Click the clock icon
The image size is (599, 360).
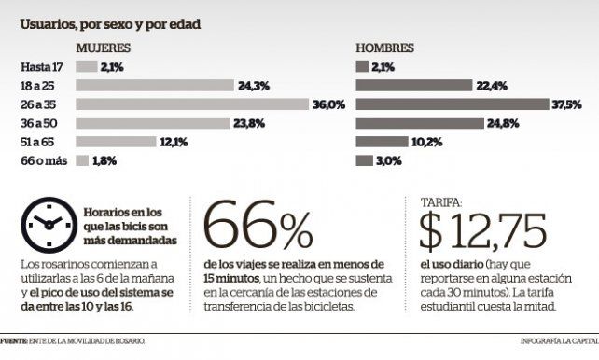(49, 226)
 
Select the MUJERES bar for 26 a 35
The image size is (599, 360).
(192, 104)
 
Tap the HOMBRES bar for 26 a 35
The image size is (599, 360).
(453, 104)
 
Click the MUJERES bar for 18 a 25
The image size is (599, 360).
(155, 86)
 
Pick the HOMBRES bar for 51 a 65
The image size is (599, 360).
(382, 142)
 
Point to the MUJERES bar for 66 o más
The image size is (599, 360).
(82, 160)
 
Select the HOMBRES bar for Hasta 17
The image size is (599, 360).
(362, 67)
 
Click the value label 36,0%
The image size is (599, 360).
(329, 104)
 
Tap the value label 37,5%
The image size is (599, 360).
(567, 104)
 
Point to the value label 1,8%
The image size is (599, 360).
(104, 160)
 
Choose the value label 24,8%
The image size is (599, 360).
(503, 123)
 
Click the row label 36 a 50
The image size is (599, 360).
(39, 123)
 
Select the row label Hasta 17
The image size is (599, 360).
(42, 67)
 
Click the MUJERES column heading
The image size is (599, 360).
(104, 48)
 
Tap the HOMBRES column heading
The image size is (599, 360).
(385, 48)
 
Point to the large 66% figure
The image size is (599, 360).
(258, 226)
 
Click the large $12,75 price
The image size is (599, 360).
(483, 231)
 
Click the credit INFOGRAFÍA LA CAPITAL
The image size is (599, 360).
(560, 341)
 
